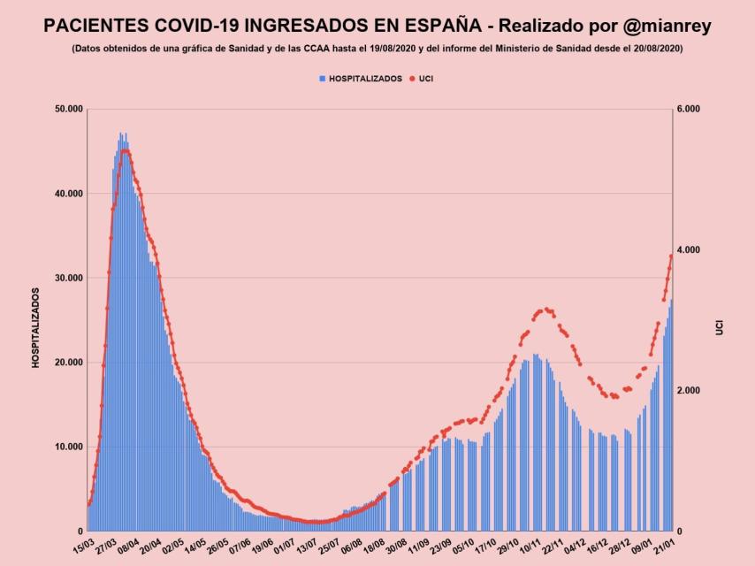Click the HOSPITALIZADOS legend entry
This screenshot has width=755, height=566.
point(361,79)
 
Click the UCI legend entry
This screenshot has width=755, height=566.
point(425,79)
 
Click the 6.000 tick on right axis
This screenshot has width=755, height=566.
point(688,109)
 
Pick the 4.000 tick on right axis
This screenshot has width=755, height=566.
point(688,250)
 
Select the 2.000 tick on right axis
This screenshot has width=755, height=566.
point(688,391)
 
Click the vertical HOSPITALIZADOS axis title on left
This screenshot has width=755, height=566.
point(36,327)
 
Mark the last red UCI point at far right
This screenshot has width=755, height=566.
point(671,256)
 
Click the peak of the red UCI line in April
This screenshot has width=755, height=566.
point(125,151)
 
